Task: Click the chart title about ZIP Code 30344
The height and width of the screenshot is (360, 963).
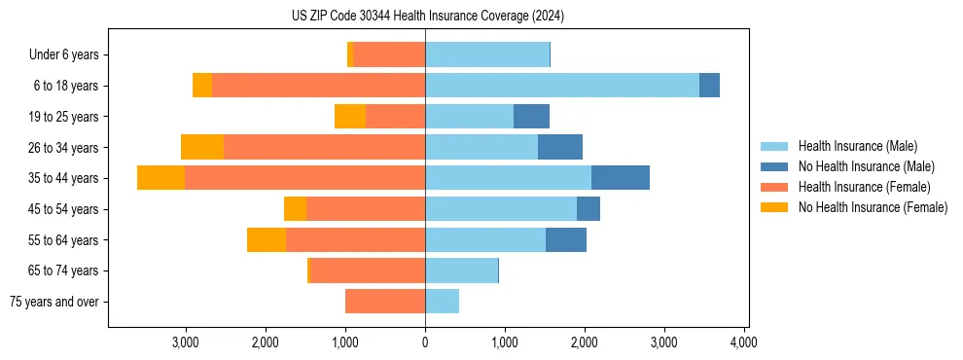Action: [x=427, y=16]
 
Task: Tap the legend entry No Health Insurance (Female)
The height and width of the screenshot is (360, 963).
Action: [x=873, y=207]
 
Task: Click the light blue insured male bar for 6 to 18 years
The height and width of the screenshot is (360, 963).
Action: [x=561, y=86]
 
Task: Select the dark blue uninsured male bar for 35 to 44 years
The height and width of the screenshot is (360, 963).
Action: [x=620, y=178]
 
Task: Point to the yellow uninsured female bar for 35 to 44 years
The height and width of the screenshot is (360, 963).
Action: [x=160, y=178]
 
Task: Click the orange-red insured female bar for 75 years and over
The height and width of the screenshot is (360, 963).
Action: [x=385, y=302]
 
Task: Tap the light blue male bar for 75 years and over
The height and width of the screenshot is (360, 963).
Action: [x=442, y=302]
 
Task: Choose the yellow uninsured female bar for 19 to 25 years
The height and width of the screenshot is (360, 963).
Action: [x=350, y=117]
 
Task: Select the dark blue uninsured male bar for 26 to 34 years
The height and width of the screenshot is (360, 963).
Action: [x=559, y=147]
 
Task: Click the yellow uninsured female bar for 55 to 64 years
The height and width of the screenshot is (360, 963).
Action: [x=267, y=239]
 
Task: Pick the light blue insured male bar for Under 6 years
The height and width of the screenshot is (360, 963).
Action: [x=486, y=54]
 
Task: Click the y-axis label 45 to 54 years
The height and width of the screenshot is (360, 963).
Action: [x=63, y=209]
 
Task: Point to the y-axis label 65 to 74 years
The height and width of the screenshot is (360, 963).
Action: [x=63, y=270]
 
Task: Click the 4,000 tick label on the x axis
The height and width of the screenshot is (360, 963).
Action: [x=743, y=342]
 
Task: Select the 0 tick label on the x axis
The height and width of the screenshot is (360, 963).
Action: [x=425, y=342]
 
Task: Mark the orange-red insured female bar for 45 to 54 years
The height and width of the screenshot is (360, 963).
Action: [x=366, y=209]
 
